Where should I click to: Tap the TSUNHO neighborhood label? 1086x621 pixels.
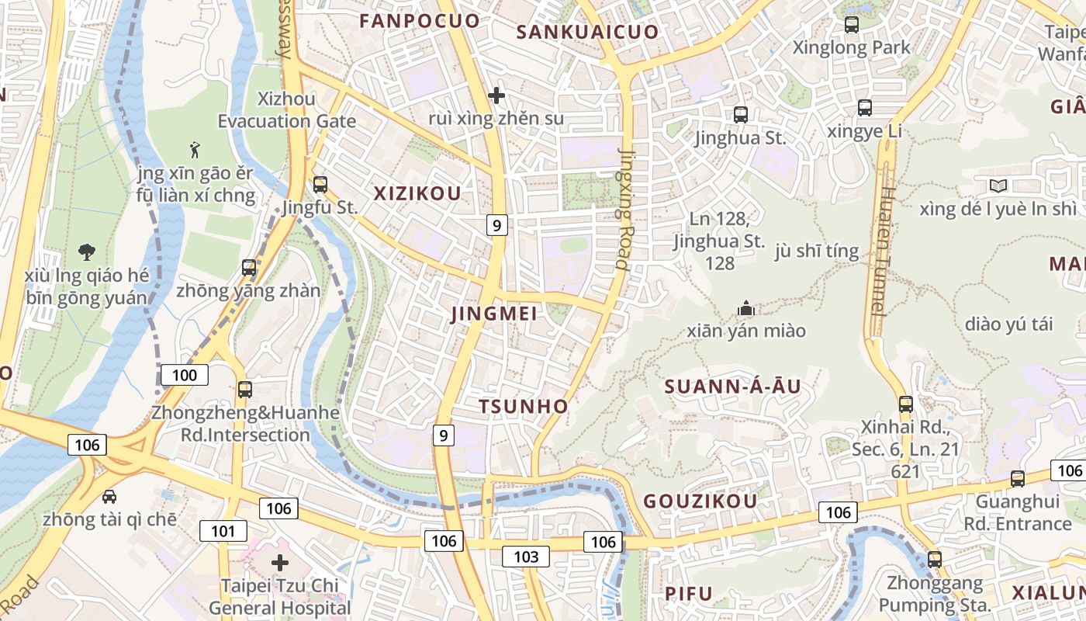(x=523, y=407)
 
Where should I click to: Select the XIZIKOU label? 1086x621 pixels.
(x=417, y=194)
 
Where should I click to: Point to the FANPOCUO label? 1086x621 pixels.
(x=420, y=21)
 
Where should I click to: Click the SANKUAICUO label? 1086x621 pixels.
(x=587, y=32)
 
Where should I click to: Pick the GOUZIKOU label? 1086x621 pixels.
(x=700, y=501)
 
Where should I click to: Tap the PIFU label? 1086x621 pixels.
(x=689, y=594)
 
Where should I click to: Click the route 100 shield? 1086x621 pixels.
(x=185, y=376)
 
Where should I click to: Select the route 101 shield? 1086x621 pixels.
(x=223, y=532)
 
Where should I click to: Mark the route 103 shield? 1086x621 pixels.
(x=526, y=556)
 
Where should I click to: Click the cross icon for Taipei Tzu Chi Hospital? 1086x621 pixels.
(x=280, y=563)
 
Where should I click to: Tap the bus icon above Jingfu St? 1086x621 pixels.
(x=320, y=185)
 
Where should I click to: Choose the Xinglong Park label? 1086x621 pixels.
(x=851, y=47)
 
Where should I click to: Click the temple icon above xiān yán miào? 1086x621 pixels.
(x=746, y=308)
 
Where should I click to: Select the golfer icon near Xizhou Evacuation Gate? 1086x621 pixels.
(x=195, y=147)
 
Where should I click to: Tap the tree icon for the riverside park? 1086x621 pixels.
(x=87, y=252)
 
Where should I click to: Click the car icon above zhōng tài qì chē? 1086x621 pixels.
(x=109, y=496)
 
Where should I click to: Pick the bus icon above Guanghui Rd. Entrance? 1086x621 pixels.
(x=1017, y=479)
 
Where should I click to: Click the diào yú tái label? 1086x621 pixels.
(x=1009, y=324)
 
